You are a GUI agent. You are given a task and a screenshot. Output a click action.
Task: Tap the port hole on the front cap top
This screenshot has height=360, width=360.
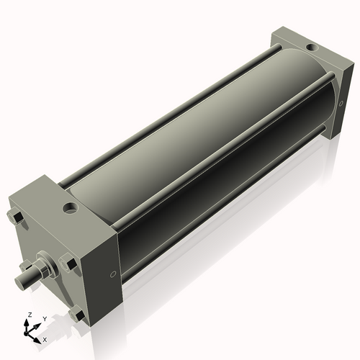point(71,209)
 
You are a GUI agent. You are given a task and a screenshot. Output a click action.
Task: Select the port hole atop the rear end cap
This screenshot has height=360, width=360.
point(310,48)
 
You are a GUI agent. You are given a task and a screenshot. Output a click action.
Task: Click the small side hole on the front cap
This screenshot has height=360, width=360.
point(112,274)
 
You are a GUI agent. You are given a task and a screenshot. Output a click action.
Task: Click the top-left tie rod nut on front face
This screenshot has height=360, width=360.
point(15,217)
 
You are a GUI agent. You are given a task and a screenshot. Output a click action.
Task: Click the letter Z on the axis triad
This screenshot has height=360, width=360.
point(29,315)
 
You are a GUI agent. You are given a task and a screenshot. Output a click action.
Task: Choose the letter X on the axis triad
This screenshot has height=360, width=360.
point(45,338)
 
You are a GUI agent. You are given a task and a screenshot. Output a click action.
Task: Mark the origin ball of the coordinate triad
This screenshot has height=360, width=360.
point(31,333)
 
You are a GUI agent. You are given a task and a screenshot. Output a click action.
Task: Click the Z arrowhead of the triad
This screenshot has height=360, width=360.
point(29,322)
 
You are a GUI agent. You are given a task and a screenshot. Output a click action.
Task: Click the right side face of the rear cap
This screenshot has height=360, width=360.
point(334,101)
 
